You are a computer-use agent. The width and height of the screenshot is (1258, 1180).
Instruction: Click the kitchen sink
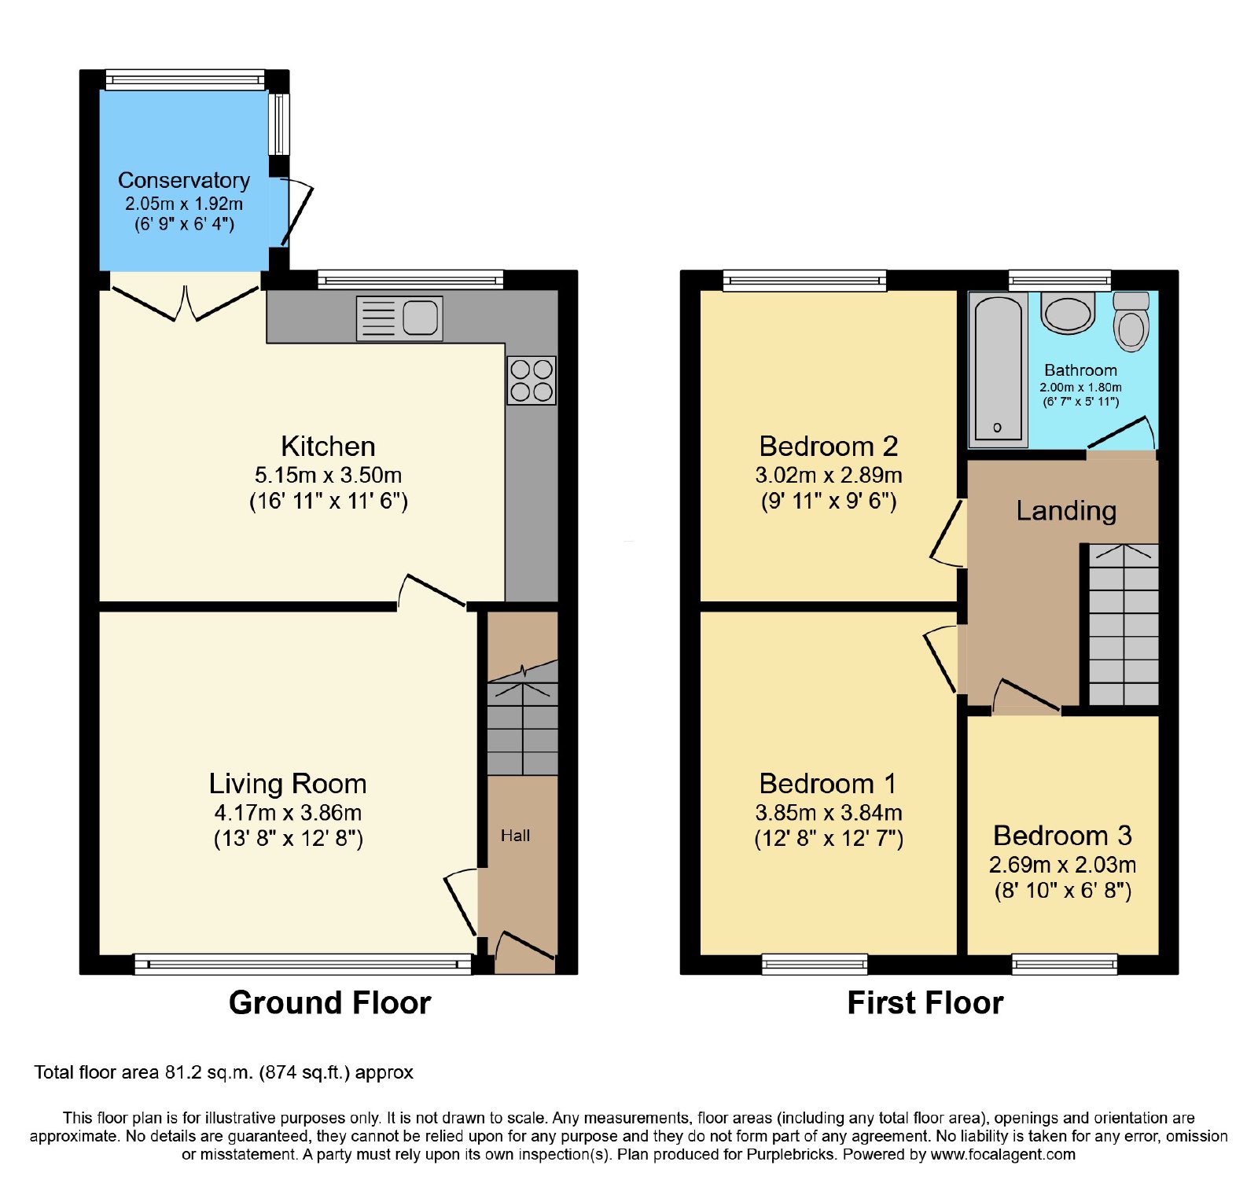tap(399, 318)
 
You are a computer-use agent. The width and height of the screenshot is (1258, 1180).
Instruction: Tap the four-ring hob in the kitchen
tap(532, 380)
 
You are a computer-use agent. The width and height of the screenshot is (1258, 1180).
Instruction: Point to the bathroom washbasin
tap(1068, 312)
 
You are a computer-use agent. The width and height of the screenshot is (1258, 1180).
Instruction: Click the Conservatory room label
tap(184, 180)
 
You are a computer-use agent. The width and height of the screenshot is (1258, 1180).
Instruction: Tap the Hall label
tap(516, 836)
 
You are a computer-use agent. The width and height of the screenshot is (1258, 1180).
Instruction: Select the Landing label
tap(1066, 511)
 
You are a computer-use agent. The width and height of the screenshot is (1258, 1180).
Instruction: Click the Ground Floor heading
tap(330, 1003)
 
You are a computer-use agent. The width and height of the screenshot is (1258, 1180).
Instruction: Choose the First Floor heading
tap(925, 1003)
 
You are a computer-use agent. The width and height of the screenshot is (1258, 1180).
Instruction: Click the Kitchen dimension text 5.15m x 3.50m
tap(329, 475)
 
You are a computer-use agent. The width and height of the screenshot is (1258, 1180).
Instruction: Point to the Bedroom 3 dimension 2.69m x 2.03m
tap(1062, 865)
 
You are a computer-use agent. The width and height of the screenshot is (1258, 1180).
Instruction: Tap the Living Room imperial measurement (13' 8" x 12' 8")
tap(289, 839)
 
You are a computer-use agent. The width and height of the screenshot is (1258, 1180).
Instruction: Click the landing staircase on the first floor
tap(1124, 624)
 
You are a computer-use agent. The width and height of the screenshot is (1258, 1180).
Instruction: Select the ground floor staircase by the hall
tap(523, 718)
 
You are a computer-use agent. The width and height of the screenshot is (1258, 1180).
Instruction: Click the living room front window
tap(303, 964)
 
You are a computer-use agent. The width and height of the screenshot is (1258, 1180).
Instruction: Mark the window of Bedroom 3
tap(1065, 964)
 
